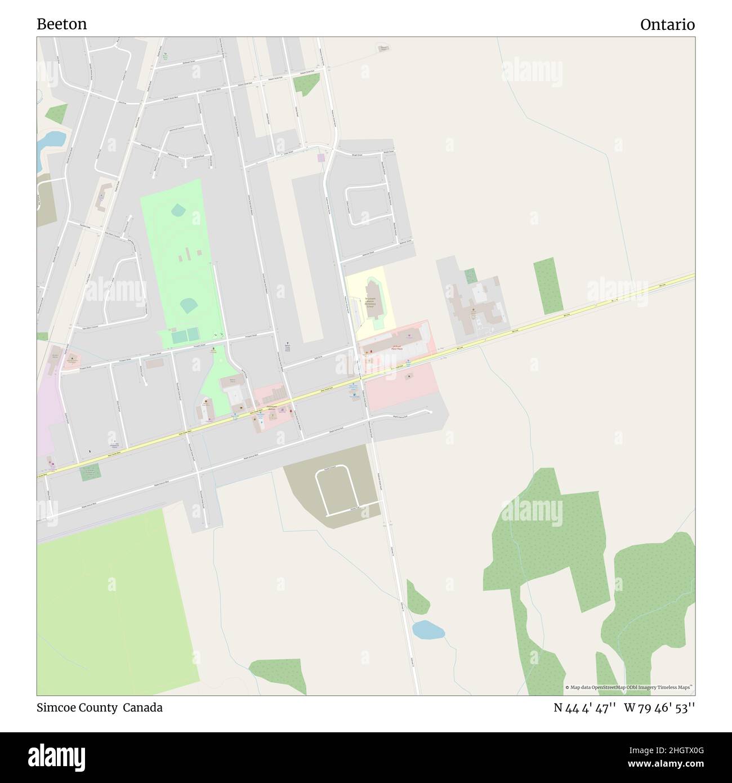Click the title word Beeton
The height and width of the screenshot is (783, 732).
tap(62, 24)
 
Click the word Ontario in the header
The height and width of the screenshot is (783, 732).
tap(667, 24)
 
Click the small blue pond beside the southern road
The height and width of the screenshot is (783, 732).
tap(428, 629)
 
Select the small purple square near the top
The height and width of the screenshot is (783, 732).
tap(321, 158)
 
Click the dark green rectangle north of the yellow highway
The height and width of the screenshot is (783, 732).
tap(548, 286)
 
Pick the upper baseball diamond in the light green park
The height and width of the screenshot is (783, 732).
tap(178, 211)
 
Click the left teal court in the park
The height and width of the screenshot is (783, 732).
tap(180, 337)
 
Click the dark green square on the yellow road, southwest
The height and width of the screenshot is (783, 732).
tap(90, 471)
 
